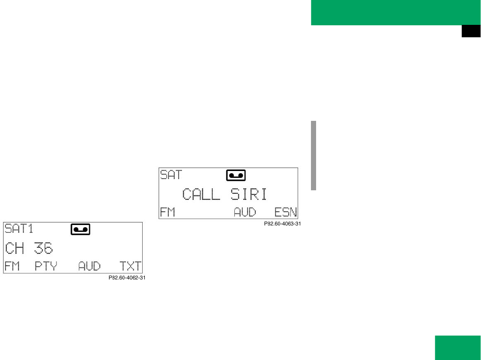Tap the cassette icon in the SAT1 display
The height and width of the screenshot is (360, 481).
coord(80,230)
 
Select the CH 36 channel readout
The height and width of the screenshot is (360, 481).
coord(29,248)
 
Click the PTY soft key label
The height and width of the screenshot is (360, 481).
coord(45,266)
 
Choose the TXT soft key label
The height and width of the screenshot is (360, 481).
coord(130,266)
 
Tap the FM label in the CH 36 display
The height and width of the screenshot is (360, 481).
coord(12,266)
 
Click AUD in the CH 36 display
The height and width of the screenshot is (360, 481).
coord(89,266)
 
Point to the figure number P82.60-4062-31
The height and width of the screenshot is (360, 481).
coord(127,278)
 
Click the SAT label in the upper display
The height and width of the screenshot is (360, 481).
coord(171,174)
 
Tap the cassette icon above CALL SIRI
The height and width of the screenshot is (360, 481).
coord(236,175)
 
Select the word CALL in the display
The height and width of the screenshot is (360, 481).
coord(201,194)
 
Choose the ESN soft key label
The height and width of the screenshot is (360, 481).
coord(286,212)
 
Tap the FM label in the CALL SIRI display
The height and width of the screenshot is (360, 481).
coord(167,212)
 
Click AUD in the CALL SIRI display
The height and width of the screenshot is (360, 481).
coord(245,212)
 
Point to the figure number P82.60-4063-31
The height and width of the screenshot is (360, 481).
coord(281,223)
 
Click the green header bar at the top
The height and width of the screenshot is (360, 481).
coord(396,12)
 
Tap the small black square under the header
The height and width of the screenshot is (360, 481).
coord(471,32)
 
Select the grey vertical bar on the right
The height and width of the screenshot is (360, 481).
coord(314,155)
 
